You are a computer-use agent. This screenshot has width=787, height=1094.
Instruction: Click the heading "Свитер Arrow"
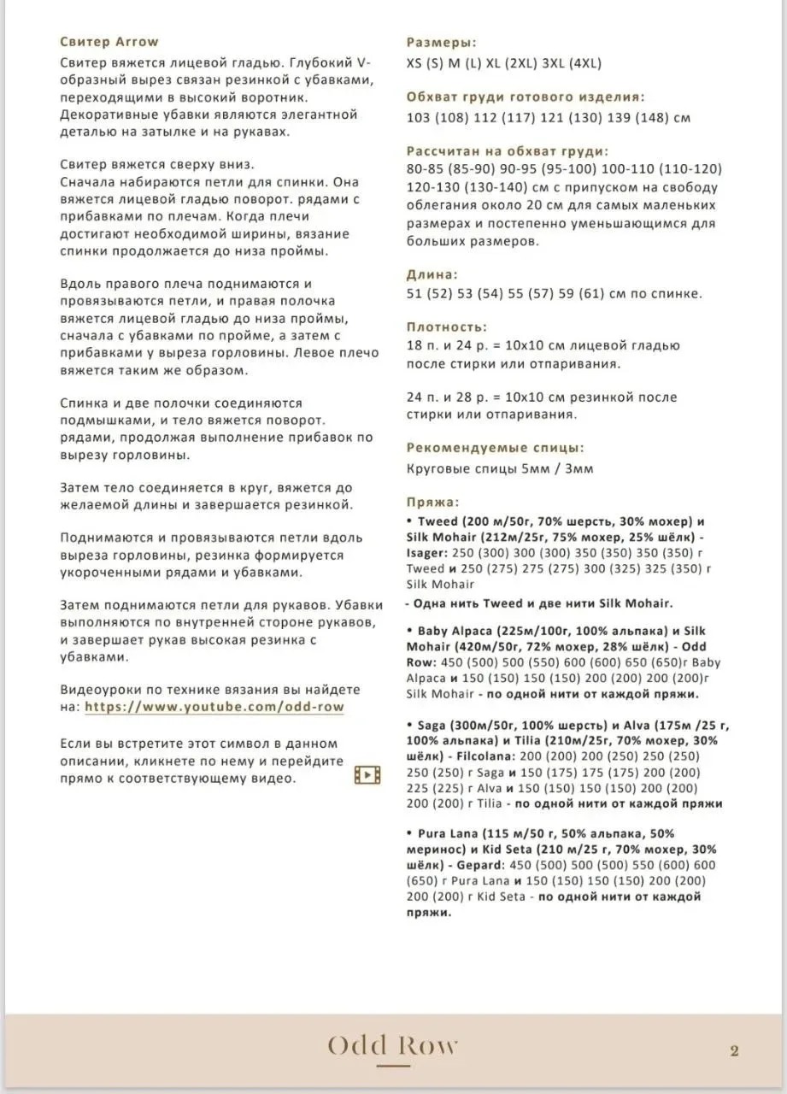click(x=109, y=41)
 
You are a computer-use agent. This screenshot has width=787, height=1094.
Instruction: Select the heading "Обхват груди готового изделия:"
click(x=526, y=97)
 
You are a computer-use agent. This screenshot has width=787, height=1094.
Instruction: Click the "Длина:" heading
click(x=432, y=275)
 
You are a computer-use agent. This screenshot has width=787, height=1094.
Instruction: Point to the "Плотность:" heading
click(x=447, y=326)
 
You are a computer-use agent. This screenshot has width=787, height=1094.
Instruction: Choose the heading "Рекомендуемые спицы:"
click(x=495, y=447)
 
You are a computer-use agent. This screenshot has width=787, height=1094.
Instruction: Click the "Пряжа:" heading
click(x=433, y=502)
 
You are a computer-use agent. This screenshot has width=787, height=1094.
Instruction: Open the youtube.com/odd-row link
click(x=214, y=707)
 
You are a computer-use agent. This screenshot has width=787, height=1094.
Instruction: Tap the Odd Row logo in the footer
click(x=393, y=1045)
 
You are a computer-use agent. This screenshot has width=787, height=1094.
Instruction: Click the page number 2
click(x=734, y=1051)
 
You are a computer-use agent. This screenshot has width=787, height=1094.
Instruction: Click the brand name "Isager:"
click(x=429, y=553)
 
